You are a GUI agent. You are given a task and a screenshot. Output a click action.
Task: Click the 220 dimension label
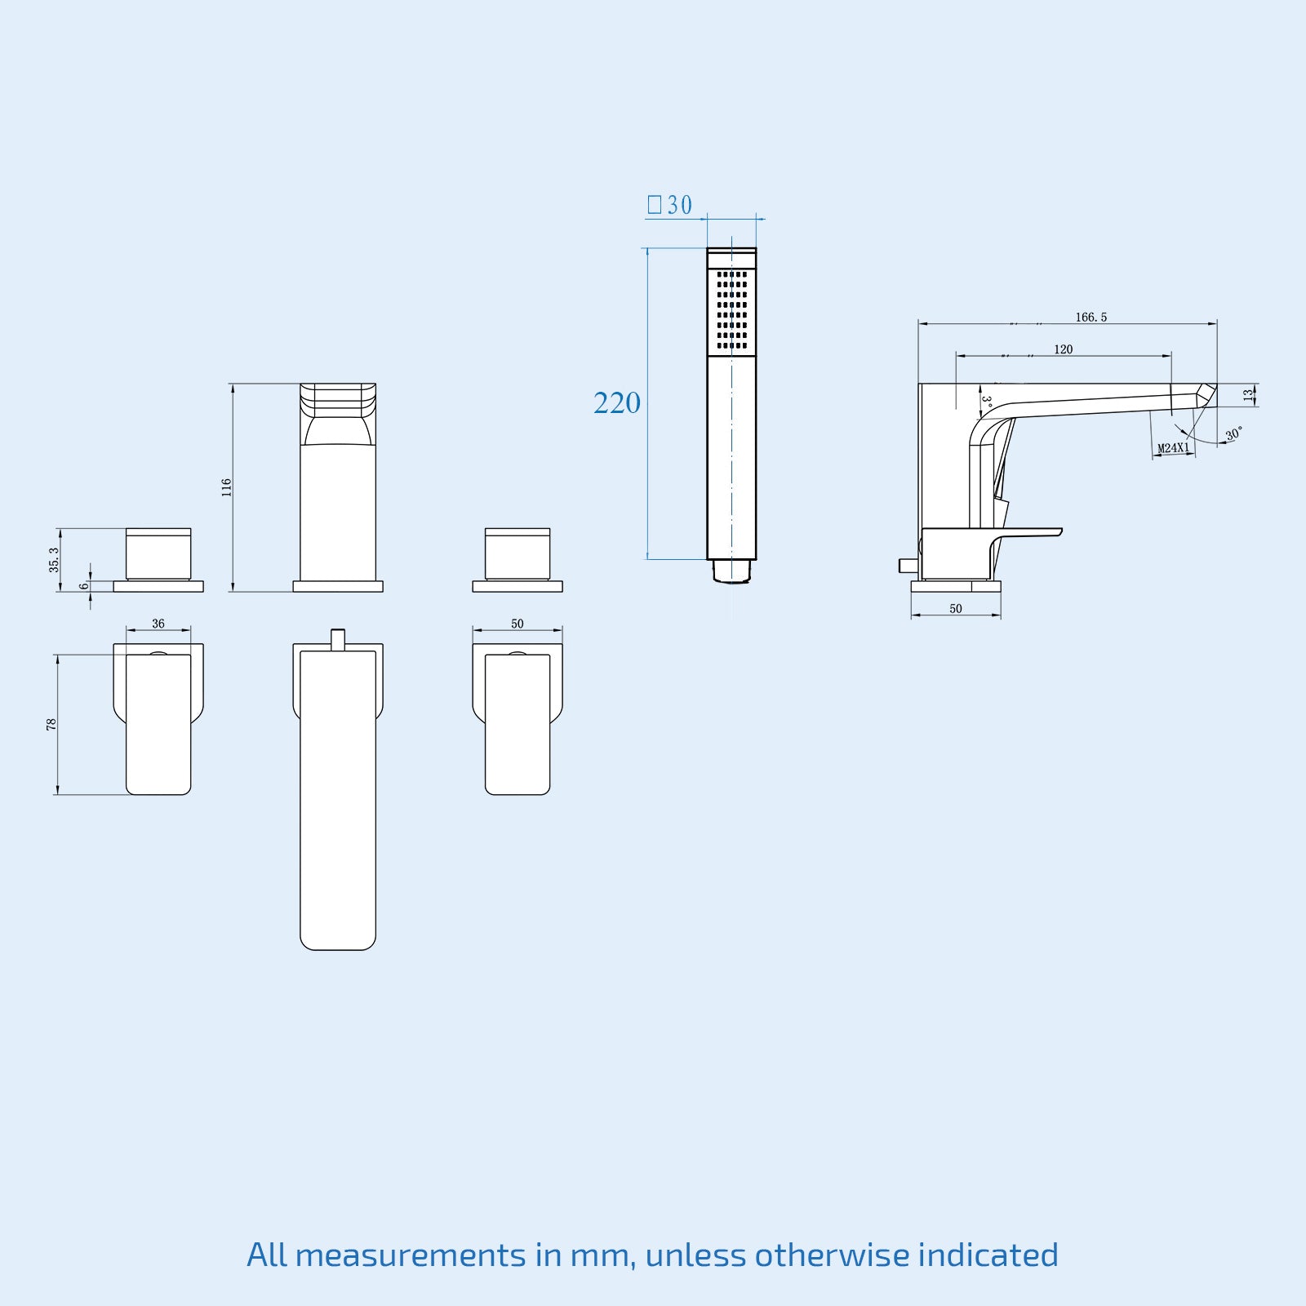617,403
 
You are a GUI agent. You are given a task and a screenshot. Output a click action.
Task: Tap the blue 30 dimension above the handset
678,205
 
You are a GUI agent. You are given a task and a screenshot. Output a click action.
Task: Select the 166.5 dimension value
1091,318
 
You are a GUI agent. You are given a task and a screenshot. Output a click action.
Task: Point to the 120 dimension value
1063,349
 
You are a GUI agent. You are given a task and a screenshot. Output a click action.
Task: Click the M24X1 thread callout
1174,448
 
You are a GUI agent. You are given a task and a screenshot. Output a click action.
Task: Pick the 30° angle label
1233,434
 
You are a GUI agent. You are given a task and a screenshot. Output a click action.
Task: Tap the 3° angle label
986,402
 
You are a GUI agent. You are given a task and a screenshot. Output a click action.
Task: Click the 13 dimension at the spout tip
1247,395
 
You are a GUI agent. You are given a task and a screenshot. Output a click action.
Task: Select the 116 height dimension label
227,487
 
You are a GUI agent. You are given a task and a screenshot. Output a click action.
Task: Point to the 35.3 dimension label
54,560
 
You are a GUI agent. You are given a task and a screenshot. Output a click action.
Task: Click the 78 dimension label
51,724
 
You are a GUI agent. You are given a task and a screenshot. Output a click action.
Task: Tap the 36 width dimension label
158,624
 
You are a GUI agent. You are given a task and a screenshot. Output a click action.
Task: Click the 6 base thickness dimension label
84,586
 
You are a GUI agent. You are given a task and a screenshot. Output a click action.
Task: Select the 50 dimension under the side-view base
956,609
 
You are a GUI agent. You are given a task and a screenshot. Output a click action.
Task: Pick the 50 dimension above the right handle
518,624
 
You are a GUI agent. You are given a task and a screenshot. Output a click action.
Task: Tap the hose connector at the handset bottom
731,571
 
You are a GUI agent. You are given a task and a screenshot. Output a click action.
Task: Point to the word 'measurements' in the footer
411,1255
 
